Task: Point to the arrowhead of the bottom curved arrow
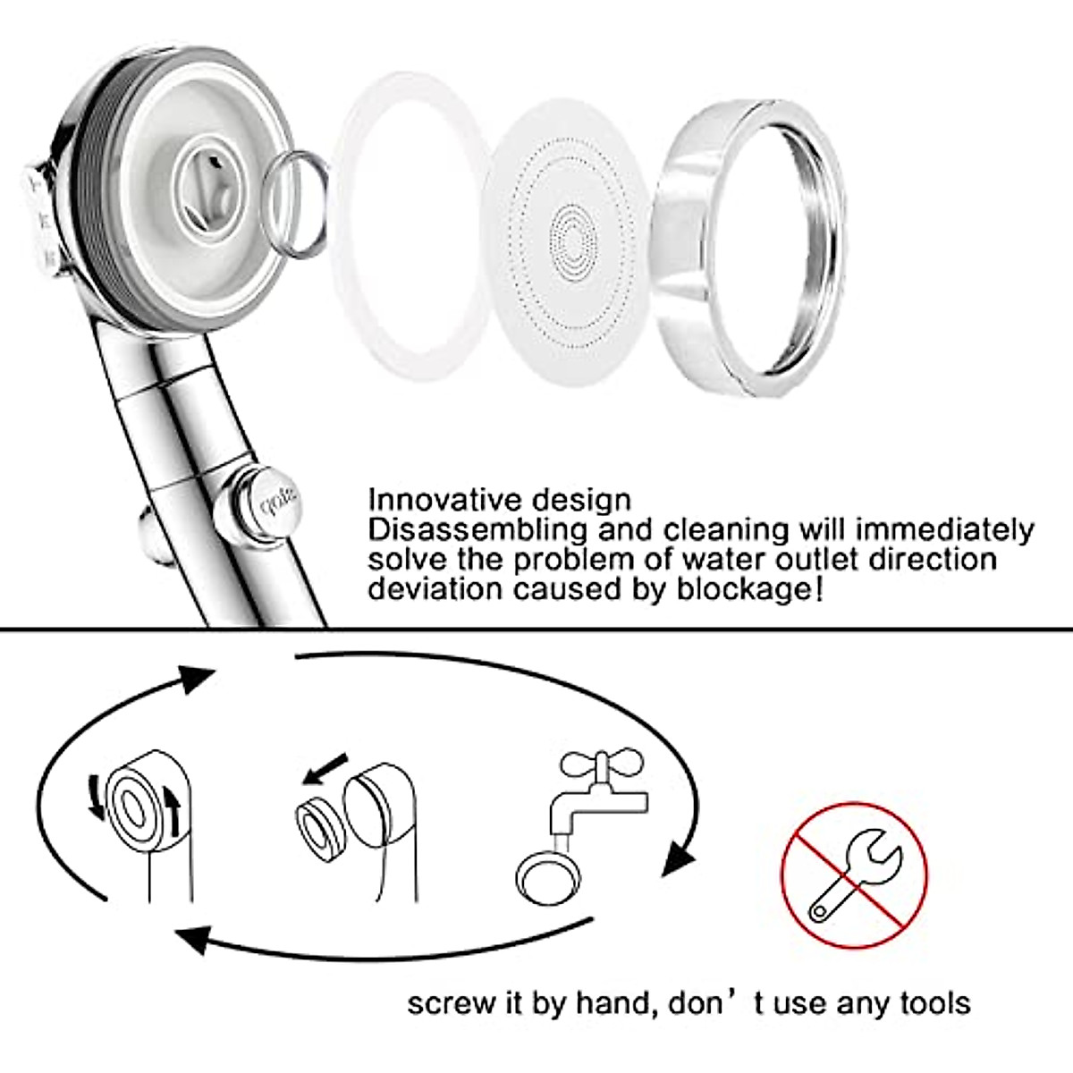click(192, 940)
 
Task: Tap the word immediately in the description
click(944, 529)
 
